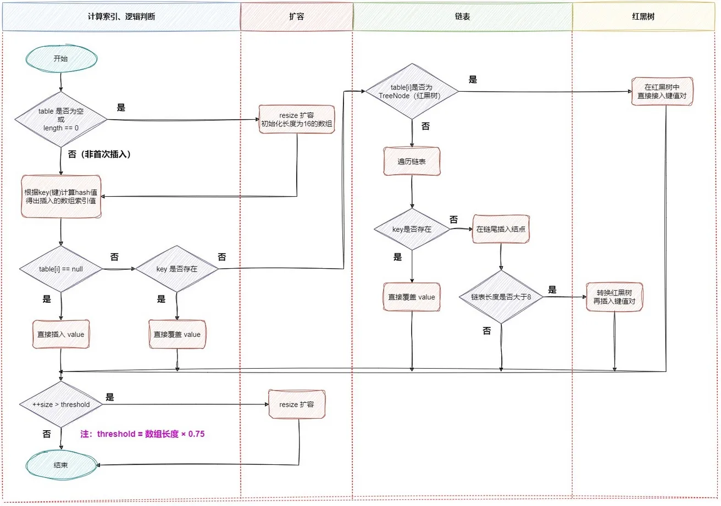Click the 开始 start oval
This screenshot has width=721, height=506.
tap(61, 59)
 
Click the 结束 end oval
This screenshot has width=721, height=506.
tap(61, 465)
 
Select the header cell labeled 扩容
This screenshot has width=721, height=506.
tap(296, 16)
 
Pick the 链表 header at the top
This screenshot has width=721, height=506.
tap(462, 16)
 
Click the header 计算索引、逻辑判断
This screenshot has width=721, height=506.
tap(121, 16)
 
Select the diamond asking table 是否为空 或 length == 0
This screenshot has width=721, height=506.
tap(61, 119)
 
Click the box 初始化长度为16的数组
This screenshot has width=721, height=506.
tap(297, 119)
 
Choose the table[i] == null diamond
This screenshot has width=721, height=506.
tap(61, 269)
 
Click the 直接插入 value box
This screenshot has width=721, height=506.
tap(61, 334)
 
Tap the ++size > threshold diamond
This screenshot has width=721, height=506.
tap(61, 404)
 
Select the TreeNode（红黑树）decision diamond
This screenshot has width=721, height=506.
tap(412, 90)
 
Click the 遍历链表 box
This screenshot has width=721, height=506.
tap(412, 162)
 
